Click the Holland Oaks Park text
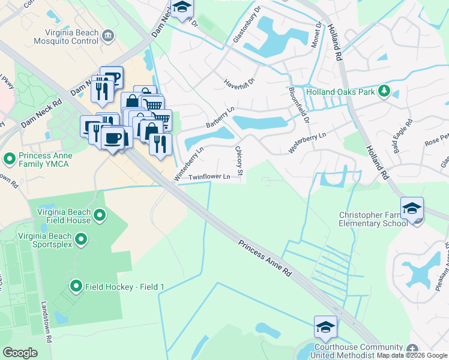coord(340,92)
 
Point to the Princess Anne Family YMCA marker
coord(9,159)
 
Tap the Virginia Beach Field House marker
coord(100,214)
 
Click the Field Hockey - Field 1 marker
coord(76,287)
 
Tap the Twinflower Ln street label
coord(209,177)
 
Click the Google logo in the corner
coord(20,352)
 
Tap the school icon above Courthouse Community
coord(325,328)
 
